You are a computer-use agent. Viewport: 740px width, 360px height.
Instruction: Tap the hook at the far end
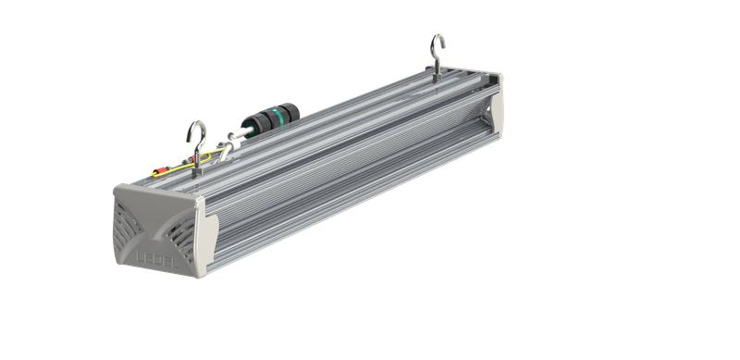click(x=438, y=51)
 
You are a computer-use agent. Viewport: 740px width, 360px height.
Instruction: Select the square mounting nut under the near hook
click(x=197, y=167)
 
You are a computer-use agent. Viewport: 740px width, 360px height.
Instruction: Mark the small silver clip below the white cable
click(x=223, y=152)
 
